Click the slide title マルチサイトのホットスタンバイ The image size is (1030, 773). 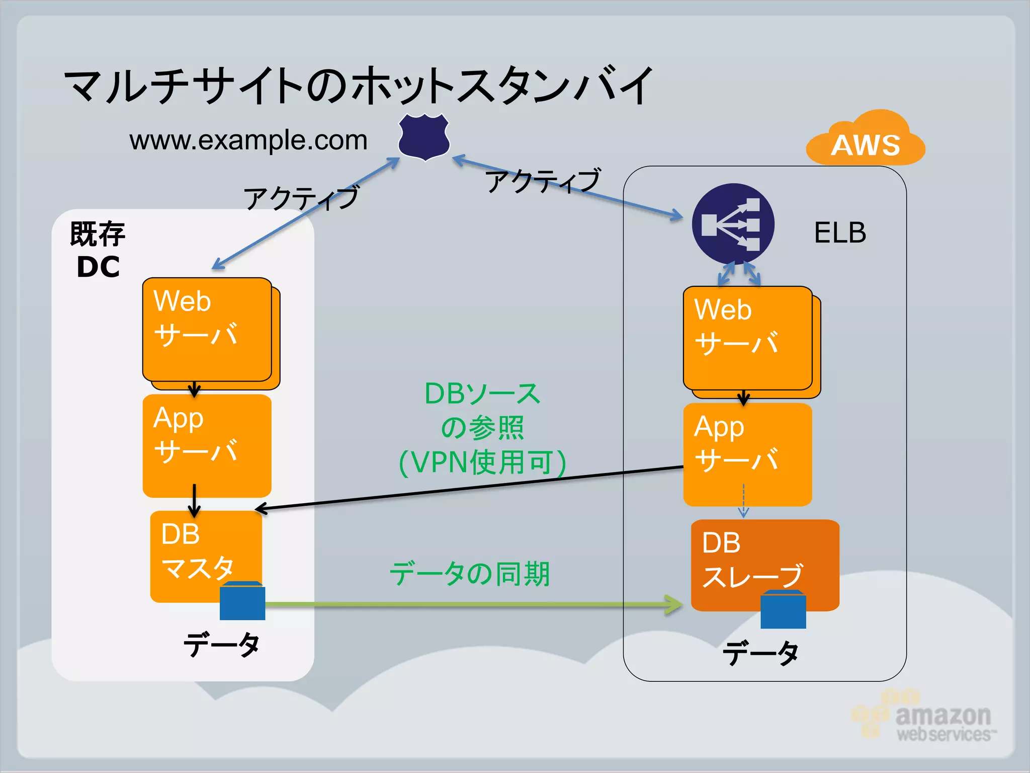click(x=358, y=86)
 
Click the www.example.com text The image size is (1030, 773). click(x=248, y=140)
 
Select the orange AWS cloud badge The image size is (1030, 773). click(x=866, y=141)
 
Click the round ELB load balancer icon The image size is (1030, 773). click(x=733, y=223)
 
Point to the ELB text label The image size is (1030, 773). click(x=840, y=233)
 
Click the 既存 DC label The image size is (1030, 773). click(x=98, y=250)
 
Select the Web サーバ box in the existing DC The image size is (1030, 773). click(x=207, y=330)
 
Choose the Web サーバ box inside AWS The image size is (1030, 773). click(x=748, y=338)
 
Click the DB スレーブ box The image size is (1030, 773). click(x=764, y=559)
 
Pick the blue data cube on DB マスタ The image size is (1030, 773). click(x=242, y=601)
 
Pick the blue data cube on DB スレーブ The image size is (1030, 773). click(x=783, y=610)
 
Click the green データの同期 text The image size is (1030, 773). click(x=470, y=574)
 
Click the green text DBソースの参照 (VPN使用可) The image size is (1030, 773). click(x=482, y=428)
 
